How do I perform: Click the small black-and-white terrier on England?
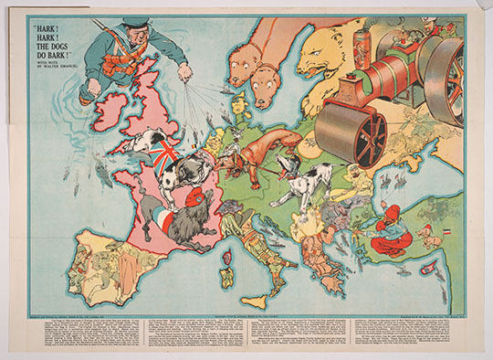146,140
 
